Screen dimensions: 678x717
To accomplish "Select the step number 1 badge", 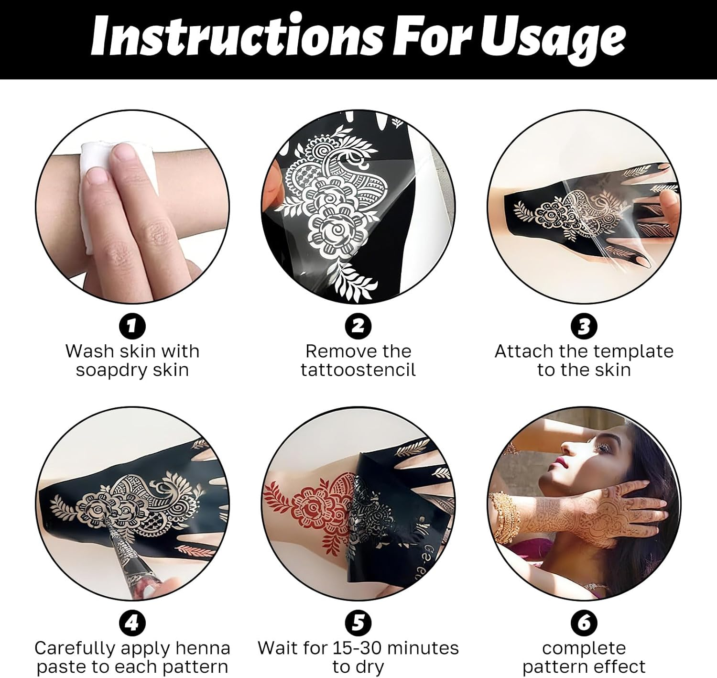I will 132,326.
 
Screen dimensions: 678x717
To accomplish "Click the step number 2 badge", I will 358,326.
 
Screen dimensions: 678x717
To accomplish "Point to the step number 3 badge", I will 584,326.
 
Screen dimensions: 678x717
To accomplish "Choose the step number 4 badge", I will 132,623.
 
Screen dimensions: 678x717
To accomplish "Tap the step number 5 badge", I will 358,623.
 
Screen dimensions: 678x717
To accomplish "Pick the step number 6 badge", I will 584,623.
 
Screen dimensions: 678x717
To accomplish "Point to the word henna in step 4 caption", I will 203,649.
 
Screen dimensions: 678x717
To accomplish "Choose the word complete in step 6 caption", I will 584,649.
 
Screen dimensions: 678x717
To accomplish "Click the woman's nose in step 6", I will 567,447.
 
